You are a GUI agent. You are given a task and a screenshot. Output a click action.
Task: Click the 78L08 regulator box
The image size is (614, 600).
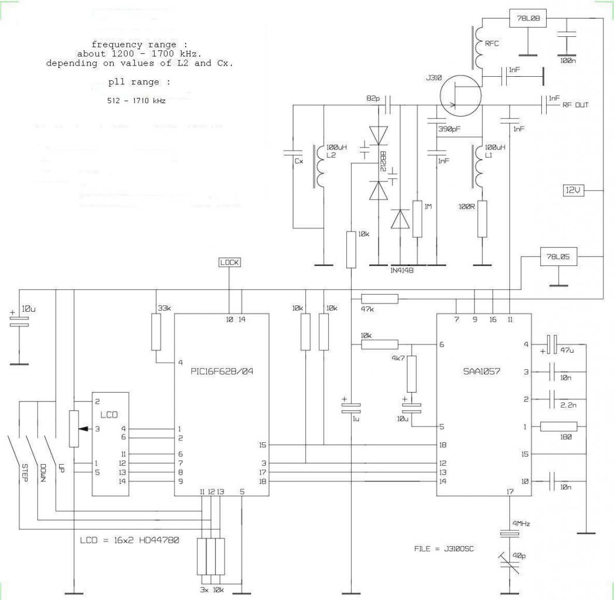click(527, 18)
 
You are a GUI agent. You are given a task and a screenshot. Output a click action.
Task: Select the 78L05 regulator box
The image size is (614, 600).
click(558, 257)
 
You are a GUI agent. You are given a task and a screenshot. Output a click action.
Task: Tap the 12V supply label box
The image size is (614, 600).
click(574, 190)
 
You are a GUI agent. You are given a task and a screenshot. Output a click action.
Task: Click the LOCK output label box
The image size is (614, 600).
click(229, 262)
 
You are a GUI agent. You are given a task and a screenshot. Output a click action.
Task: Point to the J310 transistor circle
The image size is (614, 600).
click(460, 96)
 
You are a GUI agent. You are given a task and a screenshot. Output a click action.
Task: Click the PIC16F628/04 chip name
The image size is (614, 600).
click(221, 371)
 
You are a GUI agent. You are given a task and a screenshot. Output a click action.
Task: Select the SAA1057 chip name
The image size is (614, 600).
click(482, 371)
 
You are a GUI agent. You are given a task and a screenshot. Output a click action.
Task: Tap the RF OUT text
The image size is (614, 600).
click(575, 105)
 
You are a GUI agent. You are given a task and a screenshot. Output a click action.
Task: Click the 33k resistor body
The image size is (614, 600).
click(156, 332)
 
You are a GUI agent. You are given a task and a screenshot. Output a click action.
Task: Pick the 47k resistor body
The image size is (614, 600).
click(380, 299)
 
